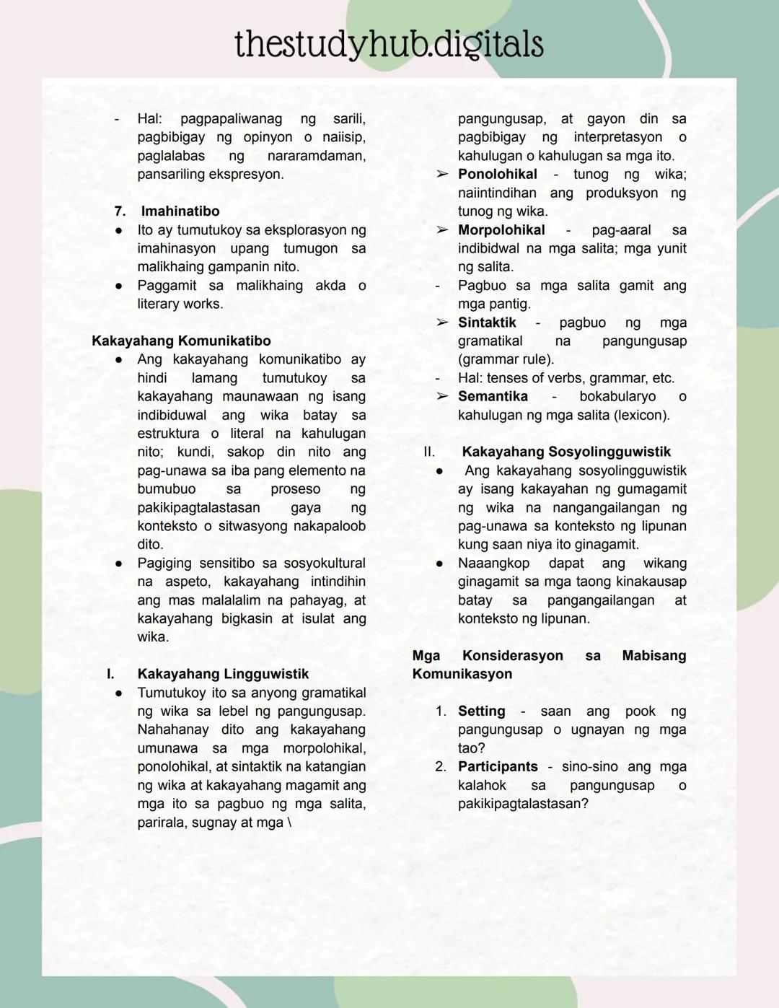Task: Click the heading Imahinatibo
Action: coord(180,211)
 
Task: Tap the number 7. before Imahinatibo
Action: coord(120,211)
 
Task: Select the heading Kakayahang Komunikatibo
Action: coord(181,341)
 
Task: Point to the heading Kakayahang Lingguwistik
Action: coord(223,673)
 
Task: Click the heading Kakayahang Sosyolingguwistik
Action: coord(566,452)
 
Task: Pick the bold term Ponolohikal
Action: coord(498,174)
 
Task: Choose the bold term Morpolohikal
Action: coord(501,229)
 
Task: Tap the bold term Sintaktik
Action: coord(487,323)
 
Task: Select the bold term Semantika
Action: coord(493,396)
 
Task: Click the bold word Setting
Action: coord(481,711)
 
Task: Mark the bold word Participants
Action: coord(498,766)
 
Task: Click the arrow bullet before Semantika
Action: coord(442,396)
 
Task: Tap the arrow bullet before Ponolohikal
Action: coord(442,174)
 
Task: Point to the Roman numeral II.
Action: coord(429,452)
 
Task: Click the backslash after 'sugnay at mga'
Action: coord(290,822)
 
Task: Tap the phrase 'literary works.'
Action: coord(180,304)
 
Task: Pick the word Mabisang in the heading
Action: coord(653,655)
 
